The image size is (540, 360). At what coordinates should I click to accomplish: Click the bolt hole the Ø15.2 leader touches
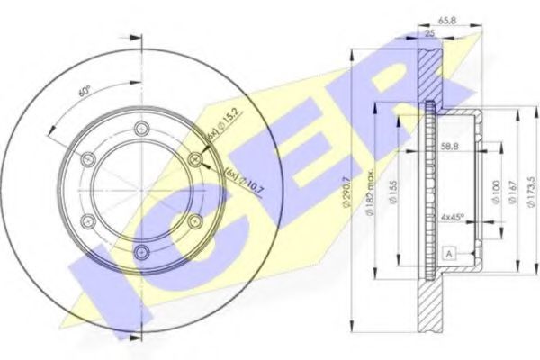coord(196,160)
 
